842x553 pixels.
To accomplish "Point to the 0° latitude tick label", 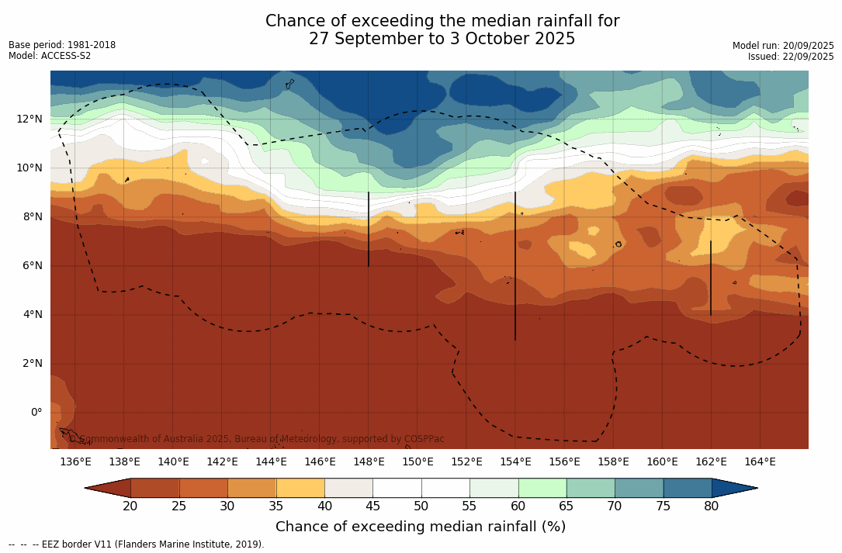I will pyautogui.click(x=36, y=412).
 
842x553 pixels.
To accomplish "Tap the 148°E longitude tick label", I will pyautogui.click(x=369, y=462).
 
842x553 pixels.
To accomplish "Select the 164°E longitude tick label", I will pyautogui.click(x=760, y=462).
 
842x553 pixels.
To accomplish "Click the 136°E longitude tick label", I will pyautogui.click(x=75, y=462).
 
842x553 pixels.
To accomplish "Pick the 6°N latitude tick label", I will pyautogui.click(x=31, y=265).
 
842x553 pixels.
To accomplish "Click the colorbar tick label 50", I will pyautogui.click(x=421, y=506).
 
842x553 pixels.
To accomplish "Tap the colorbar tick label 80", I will pyautogui.click(x=712, y=506).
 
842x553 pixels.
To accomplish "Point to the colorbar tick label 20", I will pyautogui.click(x=130, y=506).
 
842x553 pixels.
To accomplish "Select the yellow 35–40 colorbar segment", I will pyautogui.click(x=300, y=488).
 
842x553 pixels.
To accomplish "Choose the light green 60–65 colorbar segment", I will pyautogui.click(x=542, y=488).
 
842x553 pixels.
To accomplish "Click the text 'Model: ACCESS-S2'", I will pyautogui.click(x=50, y=56).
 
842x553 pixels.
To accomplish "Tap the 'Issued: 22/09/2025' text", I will pyautogui.click(x=791, y=57).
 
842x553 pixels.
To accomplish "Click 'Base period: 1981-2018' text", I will pyautogui.click(x=62, y=45).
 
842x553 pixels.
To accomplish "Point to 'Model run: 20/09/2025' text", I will pyautogui.click(x=783, y=46).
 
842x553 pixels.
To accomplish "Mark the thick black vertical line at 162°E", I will pyautogui.click(x=711, y=278).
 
